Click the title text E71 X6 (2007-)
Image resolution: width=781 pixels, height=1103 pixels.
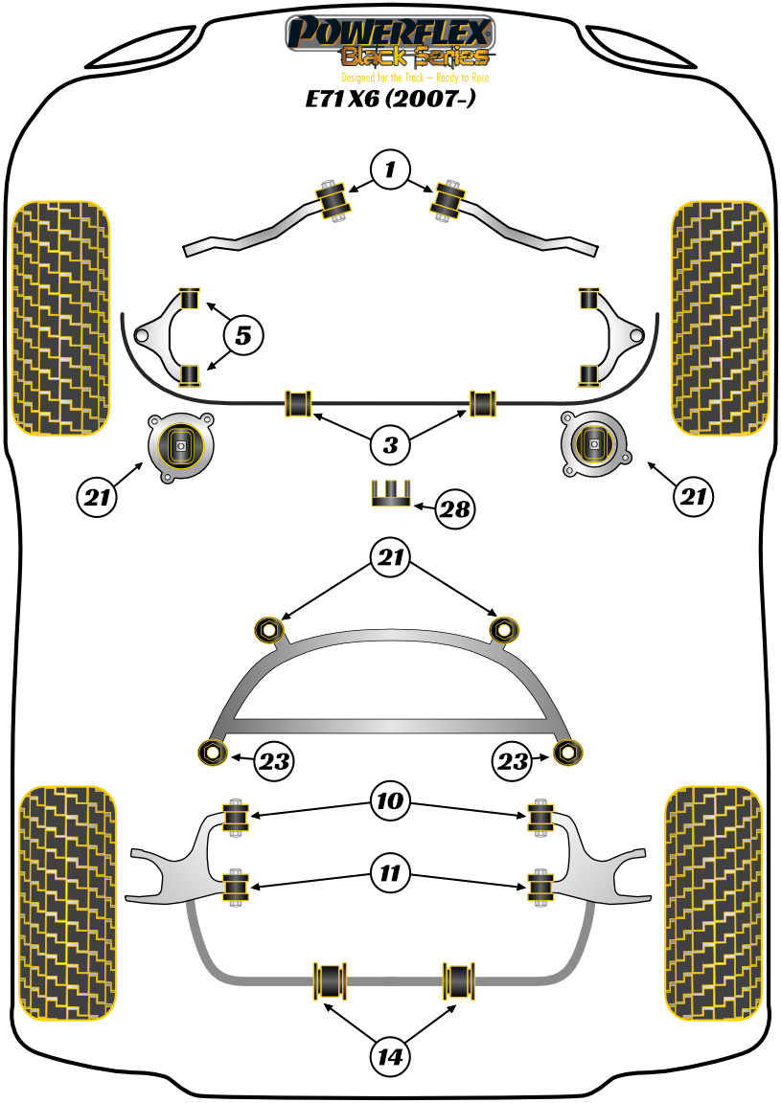(389, 99)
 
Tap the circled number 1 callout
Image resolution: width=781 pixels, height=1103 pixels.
(390, 171)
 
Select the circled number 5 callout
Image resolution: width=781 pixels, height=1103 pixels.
(243, 335)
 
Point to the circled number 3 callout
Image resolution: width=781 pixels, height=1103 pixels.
(390, 444)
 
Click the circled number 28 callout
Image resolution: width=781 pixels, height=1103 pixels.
(455, 509)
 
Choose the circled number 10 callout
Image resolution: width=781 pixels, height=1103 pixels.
(390, 799)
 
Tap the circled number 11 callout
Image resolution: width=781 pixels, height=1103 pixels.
(390, 872)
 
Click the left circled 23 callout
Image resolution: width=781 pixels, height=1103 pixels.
(273, 762)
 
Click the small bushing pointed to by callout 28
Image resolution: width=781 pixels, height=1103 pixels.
(390, 494)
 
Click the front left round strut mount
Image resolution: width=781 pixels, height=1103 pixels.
(180, 446)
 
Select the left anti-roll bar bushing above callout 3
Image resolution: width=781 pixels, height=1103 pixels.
(299, 403)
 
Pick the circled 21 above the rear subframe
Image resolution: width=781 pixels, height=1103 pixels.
(390, 558)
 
